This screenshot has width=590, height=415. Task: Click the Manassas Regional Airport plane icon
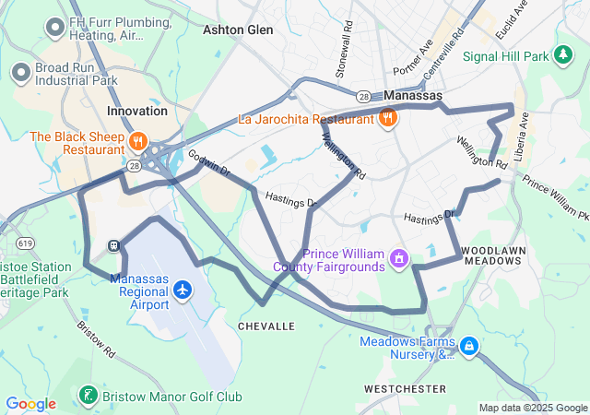pos(183,291)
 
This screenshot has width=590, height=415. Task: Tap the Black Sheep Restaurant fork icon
pos(137,141)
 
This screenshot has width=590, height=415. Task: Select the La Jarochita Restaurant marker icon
pos(388,117)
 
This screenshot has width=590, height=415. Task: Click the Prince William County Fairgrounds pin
pos(398,255)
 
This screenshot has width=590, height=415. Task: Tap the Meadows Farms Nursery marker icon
pos(469,346)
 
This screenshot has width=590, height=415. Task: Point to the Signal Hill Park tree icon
pos(562,56)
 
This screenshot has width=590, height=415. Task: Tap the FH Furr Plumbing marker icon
pos(53,27)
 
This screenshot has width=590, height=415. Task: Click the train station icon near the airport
pos(113,247)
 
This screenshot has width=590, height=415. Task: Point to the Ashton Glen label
pos(238,30)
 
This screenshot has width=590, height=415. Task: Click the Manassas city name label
pos(412,96)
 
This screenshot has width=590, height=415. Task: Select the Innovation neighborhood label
pos(137,111)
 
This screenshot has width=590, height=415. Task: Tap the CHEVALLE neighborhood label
pos(266,326)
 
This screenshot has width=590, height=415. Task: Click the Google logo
pos(30,403)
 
